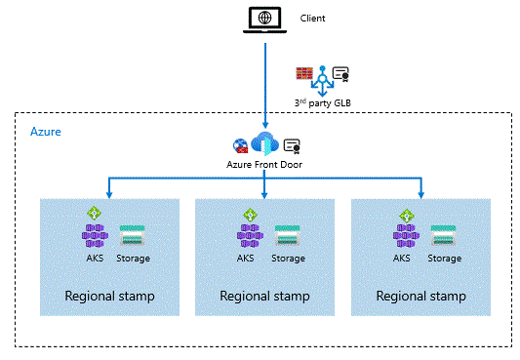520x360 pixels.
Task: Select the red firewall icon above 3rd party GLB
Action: [304, 74]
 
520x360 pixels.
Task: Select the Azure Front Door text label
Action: [264, 165]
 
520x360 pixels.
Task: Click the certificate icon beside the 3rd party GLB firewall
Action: [340, 74]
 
